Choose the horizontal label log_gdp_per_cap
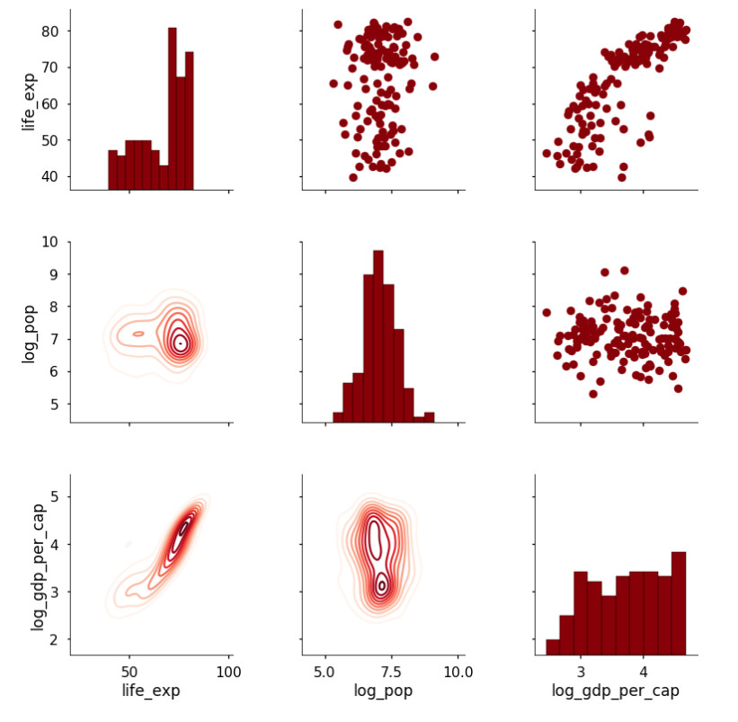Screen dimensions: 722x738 pos(615,691)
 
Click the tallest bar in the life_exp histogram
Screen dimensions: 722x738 pos(172,109)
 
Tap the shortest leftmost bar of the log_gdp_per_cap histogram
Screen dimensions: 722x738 pos(552,646)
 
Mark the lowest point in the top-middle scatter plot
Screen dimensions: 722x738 pos(353,177)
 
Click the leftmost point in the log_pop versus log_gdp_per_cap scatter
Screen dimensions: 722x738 pos(546,313)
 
